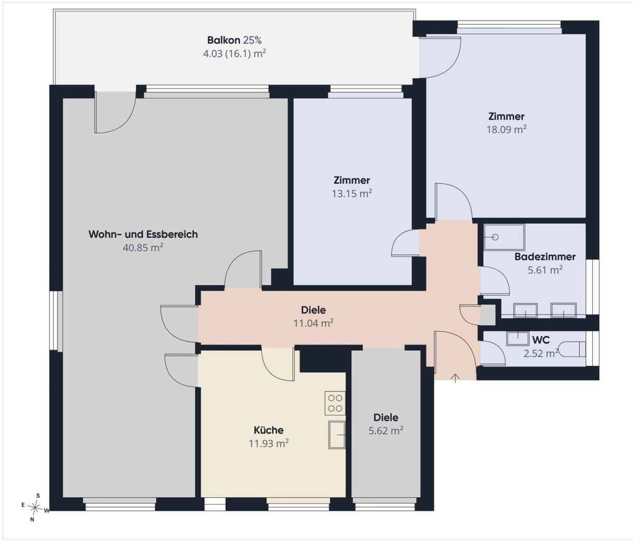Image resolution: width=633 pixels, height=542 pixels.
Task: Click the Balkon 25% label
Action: point(234,40)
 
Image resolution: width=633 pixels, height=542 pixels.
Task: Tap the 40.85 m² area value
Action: point(143,248)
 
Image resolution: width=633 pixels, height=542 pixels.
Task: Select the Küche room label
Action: point(268,430)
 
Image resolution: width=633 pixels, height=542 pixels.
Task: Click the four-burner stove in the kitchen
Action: point(335,403)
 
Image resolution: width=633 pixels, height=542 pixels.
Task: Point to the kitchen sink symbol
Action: point(337,434)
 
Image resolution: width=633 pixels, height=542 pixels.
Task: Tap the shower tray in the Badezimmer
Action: point(504,237)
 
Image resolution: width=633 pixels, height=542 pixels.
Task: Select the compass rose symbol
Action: point(35,507)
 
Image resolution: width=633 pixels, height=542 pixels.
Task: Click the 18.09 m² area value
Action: point(506,129)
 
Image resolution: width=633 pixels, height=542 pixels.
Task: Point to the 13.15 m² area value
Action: point(352,193)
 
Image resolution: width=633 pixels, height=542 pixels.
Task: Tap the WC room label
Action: point(541,340)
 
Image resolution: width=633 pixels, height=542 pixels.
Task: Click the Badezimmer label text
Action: point(545,256)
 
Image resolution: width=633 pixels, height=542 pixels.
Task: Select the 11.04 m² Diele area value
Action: point(313,323)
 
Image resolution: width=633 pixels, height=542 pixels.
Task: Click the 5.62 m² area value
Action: point(386,431)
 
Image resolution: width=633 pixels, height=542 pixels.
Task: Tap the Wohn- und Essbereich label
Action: point(143,234)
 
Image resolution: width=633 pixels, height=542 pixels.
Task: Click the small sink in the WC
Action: point(518,339)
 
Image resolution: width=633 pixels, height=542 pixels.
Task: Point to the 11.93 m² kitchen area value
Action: point(268,443)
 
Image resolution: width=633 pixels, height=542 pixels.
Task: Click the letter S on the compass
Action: point(39,496)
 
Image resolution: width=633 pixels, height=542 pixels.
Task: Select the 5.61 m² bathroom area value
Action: point(545,270)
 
